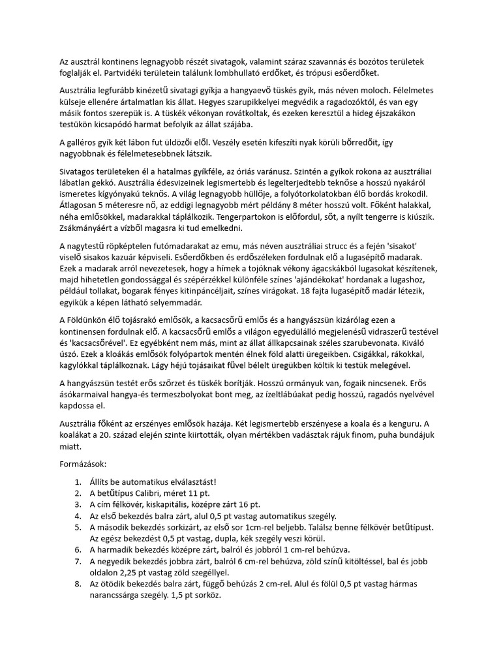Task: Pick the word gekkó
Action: coord(108,183)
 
